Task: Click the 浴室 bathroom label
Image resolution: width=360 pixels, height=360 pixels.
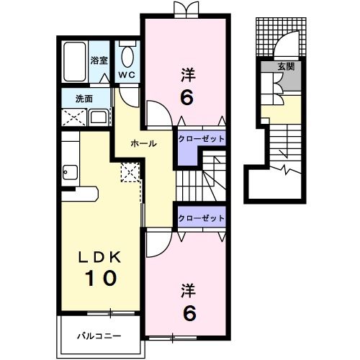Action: (x=99, y=62)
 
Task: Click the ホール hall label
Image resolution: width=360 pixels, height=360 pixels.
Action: (x=144, y=144)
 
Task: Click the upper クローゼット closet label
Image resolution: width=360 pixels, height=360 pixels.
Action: (x=202, y=138)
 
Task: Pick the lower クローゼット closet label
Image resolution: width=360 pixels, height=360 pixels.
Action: (x=202, y=217)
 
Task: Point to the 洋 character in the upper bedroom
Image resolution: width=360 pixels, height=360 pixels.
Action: (x=186, y=74)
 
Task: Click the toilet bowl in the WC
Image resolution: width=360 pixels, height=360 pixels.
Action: (x=127, y=55)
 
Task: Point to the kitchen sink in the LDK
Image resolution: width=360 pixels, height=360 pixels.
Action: (x=71, y=172)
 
